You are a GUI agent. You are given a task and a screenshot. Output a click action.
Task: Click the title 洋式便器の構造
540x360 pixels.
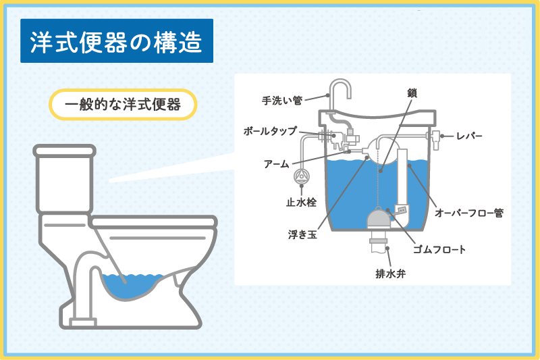(116, 42)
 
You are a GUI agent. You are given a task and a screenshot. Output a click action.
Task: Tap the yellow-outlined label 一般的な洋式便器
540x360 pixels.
(123, 105)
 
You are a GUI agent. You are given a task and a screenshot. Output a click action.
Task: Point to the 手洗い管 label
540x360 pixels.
(282, 101)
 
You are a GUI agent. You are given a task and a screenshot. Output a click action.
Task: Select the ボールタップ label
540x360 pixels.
(270, 131)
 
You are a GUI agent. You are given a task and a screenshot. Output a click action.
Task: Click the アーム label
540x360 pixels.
(277, 164)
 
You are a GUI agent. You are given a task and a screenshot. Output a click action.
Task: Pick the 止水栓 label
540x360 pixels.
(301, 202)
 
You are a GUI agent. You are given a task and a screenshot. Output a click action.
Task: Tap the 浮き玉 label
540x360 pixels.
(302, 234)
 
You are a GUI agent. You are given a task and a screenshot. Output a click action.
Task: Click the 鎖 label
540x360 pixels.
(412, 93)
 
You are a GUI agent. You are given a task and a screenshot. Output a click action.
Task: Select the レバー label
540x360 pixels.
(469, 136)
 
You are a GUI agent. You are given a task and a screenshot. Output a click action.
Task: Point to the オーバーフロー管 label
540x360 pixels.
(469, 213)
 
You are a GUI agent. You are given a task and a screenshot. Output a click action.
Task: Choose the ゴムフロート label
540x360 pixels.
(439, 249)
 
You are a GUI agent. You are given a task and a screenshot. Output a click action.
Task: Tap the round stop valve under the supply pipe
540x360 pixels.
(301, 176)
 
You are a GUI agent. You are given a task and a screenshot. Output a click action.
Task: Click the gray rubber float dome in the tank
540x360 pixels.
(379, 219)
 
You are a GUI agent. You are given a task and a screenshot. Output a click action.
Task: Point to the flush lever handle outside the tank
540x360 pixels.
(435, 140)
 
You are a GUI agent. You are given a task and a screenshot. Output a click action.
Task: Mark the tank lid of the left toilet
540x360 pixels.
(64, 151)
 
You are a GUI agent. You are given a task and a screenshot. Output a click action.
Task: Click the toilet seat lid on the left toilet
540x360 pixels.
(154, 222)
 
